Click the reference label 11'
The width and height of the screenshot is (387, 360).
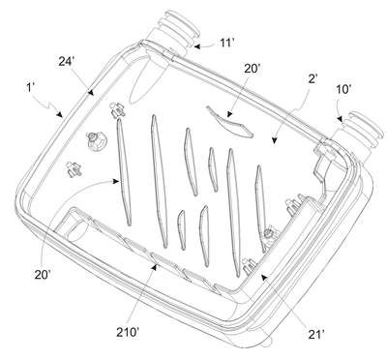coord(226,43)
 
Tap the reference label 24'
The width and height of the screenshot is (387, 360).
coord(67,61)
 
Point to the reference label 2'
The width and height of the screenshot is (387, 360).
coord(313,79)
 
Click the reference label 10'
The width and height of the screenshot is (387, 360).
coord(342,89)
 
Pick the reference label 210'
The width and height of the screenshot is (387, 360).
coord(128,333)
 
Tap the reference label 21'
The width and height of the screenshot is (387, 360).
coord(316,335)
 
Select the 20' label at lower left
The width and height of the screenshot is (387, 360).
coord(43,275)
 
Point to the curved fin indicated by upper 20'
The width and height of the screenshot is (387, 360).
coord(229,122)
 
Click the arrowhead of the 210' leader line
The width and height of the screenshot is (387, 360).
coord(156,266)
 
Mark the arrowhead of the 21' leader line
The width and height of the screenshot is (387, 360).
coord(264,278)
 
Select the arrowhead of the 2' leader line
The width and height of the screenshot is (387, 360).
coord(275,140)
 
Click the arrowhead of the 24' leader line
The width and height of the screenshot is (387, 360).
coord(91,93)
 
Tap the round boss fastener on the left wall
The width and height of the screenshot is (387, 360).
coord(96,142)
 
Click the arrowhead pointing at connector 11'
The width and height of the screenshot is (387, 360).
coord(196,46)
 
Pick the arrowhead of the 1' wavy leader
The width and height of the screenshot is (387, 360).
coord(60,114)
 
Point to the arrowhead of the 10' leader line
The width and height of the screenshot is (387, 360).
coord(341,119)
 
